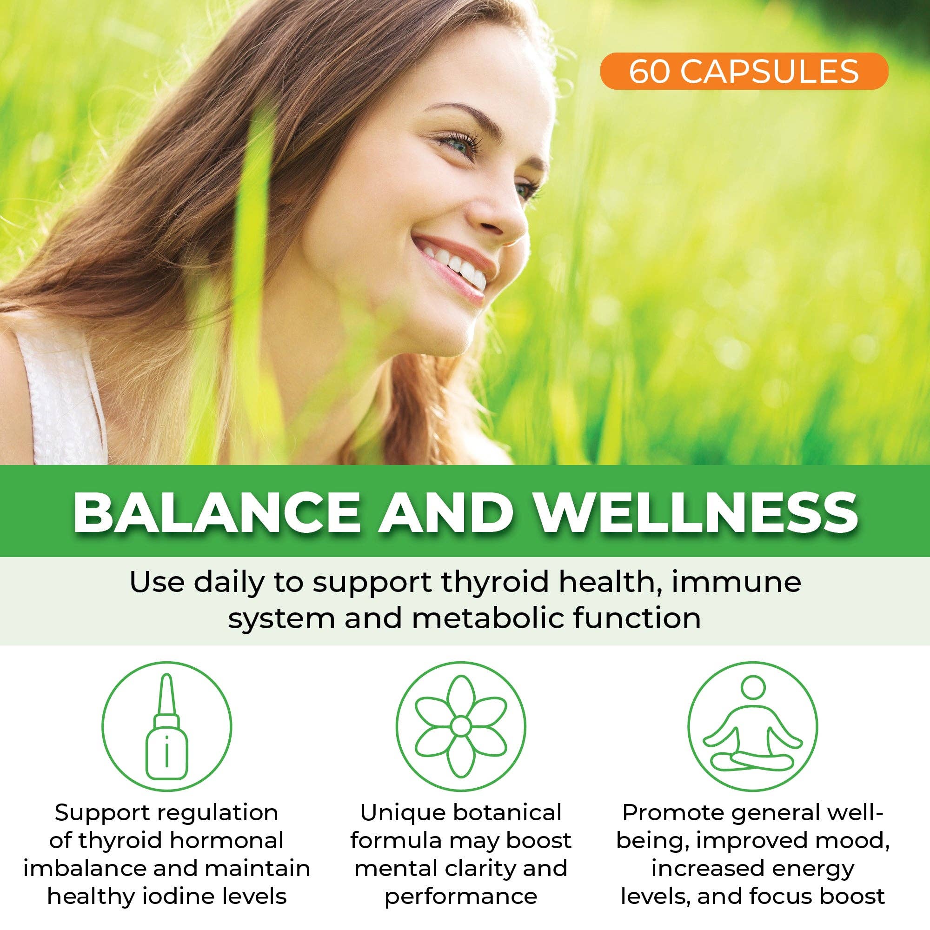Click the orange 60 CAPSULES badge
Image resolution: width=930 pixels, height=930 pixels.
[743, 71]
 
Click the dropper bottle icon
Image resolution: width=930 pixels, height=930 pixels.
[166, 727]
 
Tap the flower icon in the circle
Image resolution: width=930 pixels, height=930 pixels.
[461, 727]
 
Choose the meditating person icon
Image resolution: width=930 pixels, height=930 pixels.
[752, 727]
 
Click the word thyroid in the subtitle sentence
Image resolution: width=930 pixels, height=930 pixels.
[501, 583]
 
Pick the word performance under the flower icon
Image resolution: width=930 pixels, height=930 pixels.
[461, 897]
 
